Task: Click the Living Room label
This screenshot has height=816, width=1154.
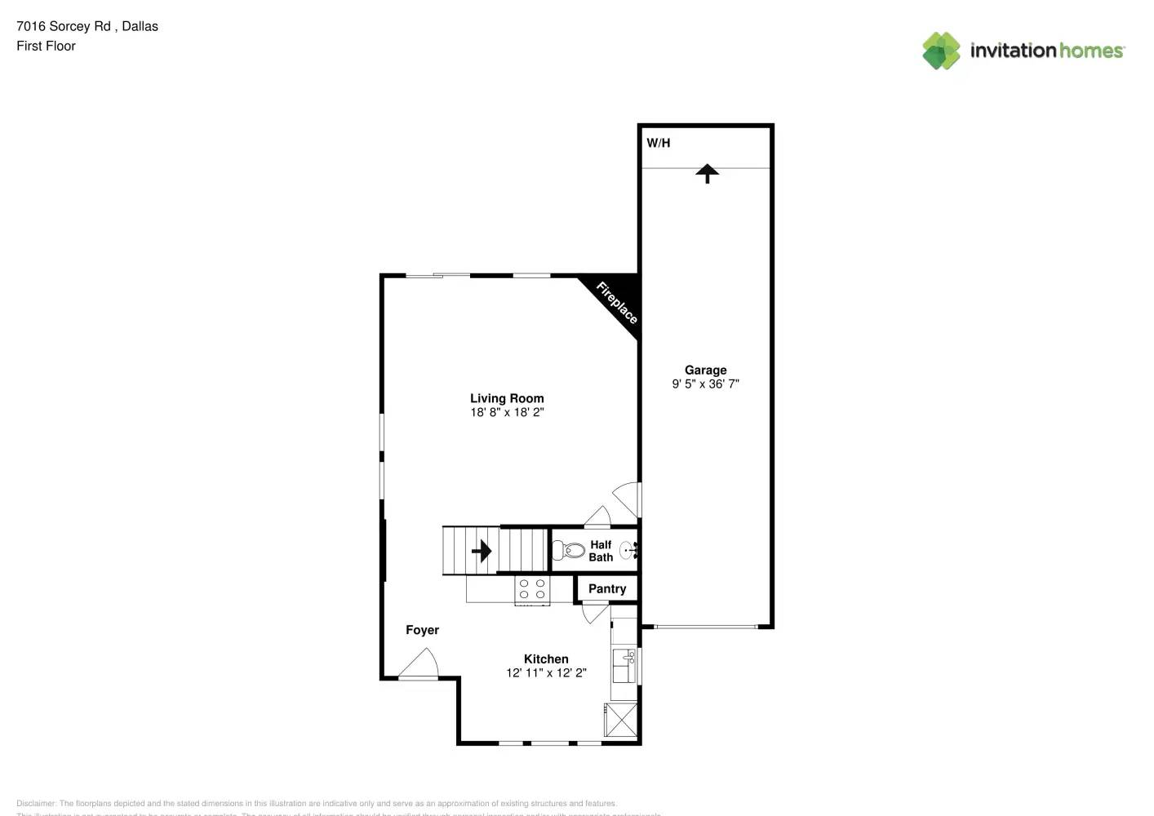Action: [507, 398]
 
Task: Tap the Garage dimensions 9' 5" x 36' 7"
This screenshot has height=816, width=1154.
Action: [706, 384]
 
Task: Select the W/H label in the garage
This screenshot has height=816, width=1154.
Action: [659, 143]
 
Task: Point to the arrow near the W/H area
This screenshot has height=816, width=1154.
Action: [707, 173]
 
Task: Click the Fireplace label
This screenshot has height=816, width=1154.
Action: [616, 302]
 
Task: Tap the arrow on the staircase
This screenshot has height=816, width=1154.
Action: [482, 551]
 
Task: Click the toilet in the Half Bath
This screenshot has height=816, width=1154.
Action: [569, 550]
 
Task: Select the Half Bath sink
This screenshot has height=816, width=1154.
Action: [628, 551]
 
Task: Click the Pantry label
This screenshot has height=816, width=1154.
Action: [607, 588]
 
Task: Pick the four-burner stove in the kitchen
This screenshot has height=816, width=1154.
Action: [532, 590]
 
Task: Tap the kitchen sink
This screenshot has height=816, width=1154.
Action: [625, 665]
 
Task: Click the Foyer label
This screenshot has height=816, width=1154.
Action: [422, 630]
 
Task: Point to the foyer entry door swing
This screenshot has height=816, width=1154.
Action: [421, 663]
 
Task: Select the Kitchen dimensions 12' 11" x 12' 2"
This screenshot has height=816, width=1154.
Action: [546, 672]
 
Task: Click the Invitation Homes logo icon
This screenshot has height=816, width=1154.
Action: [941, 51]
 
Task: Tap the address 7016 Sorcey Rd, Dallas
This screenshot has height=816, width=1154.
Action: [87, 26]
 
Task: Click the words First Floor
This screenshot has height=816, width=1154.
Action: [46, 46]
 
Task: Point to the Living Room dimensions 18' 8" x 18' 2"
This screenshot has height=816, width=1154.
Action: [507, 412]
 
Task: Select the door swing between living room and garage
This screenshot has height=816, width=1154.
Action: [628, 498]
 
